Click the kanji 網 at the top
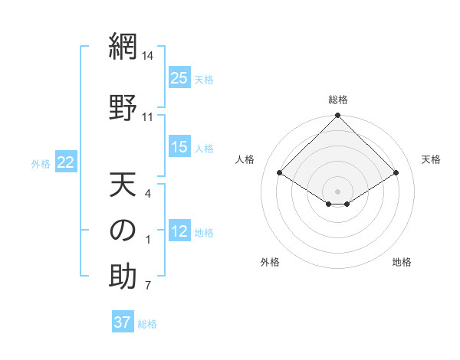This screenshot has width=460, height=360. point(123,47)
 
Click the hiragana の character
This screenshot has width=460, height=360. point(123,231)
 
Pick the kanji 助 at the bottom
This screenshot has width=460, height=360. point(123,277)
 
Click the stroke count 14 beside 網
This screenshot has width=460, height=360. point(148,56)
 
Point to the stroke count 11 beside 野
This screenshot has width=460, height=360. point(148,116)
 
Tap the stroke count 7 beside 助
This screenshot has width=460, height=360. point(148,286)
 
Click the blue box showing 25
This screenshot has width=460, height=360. point(179,78)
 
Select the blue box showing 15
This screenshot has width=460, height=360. point(179,147)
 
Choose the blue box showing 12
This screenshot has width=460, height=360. point(179,231)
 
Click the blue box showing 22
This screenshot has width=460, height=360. point(66,162)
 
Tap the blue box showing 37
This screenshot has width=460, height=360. point(123,322)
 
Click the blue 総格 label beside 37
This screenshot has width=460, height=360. point(147,324)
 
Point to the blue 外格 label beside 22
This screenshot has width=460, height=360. point(41,163)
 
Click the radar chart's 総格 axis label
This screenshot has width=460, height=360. point(338,100)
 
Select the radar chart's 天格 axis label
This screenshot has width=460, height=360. point(432,159)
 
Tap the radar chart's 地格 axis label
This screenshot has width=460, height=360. point(402,262)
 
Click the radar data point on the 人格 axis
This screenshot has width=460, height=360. point(280,172)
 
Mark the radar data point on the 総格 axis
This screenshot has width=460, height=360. point(338,116)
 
